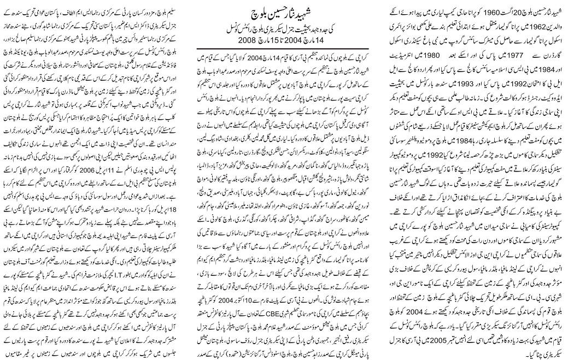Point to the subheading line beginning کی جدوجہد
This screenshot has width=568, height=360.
pyautogui.click(x=284, y=26)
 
